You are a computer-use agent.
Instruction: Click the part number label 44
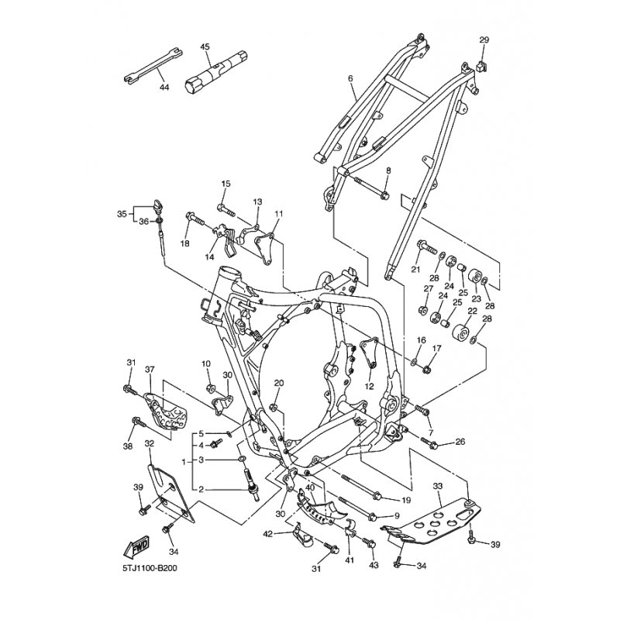coord(164,88)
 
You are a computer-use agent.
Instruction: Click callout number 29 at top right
coord(484,40)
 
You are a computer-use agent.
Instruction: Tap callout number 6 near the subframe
coord(350,79)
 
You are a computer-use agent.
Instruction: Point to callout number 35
coord(121,214)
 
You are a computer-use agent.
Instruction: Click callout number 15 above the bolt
coord(226,184)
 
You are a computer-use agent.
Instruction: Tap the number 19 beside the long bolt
coord(405,500)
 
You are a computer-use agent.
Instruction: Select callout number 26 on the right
coord(460,443)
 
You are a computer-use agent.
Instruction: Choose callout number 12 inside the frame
coord(370,385)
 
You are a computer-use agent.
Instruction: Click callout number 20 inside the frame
coord(279,383)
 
